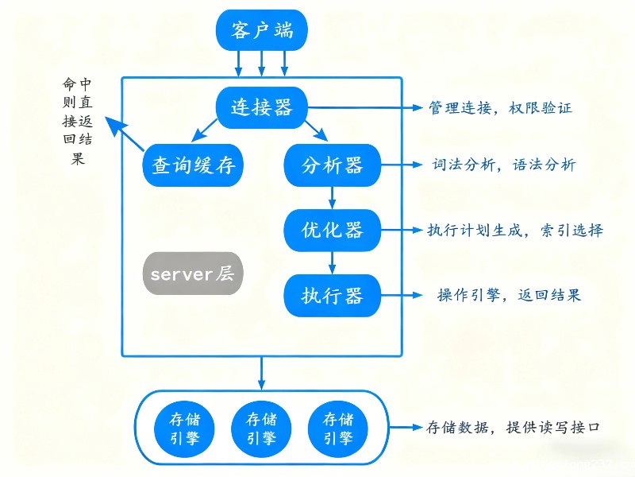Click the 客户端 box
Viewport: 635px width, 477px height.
[261, 30]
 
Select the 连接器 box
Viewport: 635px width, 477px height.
[261, 107]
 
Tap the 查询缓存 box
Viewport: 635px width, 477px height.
[193, 165]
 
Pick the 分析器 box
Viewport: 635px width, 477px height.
[333, 165]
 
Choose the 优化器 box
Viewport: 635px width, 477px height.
[333, 231]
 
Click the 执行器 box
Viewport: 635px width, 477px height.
[333, 296]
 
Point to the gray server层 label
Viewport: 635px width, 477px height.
[192, 274]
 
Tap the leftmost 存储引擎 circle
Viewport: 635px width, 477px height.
[182, 429]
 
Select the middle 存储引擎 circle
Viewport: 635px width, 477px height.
[261, 429]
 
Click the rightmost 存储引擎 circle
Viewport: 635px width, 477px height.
[336, 429]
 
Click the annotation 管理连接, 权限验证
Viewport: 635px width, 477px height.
[500, 107]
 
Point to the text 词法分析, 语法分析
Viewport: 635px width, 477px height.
[504, 165]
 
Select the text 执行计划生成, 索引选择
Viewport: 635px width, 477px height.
[515, 231]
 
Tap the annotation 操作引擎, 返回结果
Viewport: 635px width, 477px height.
[509, 295]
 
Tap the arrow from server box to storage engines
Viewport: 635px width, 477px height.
[261, 373]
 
